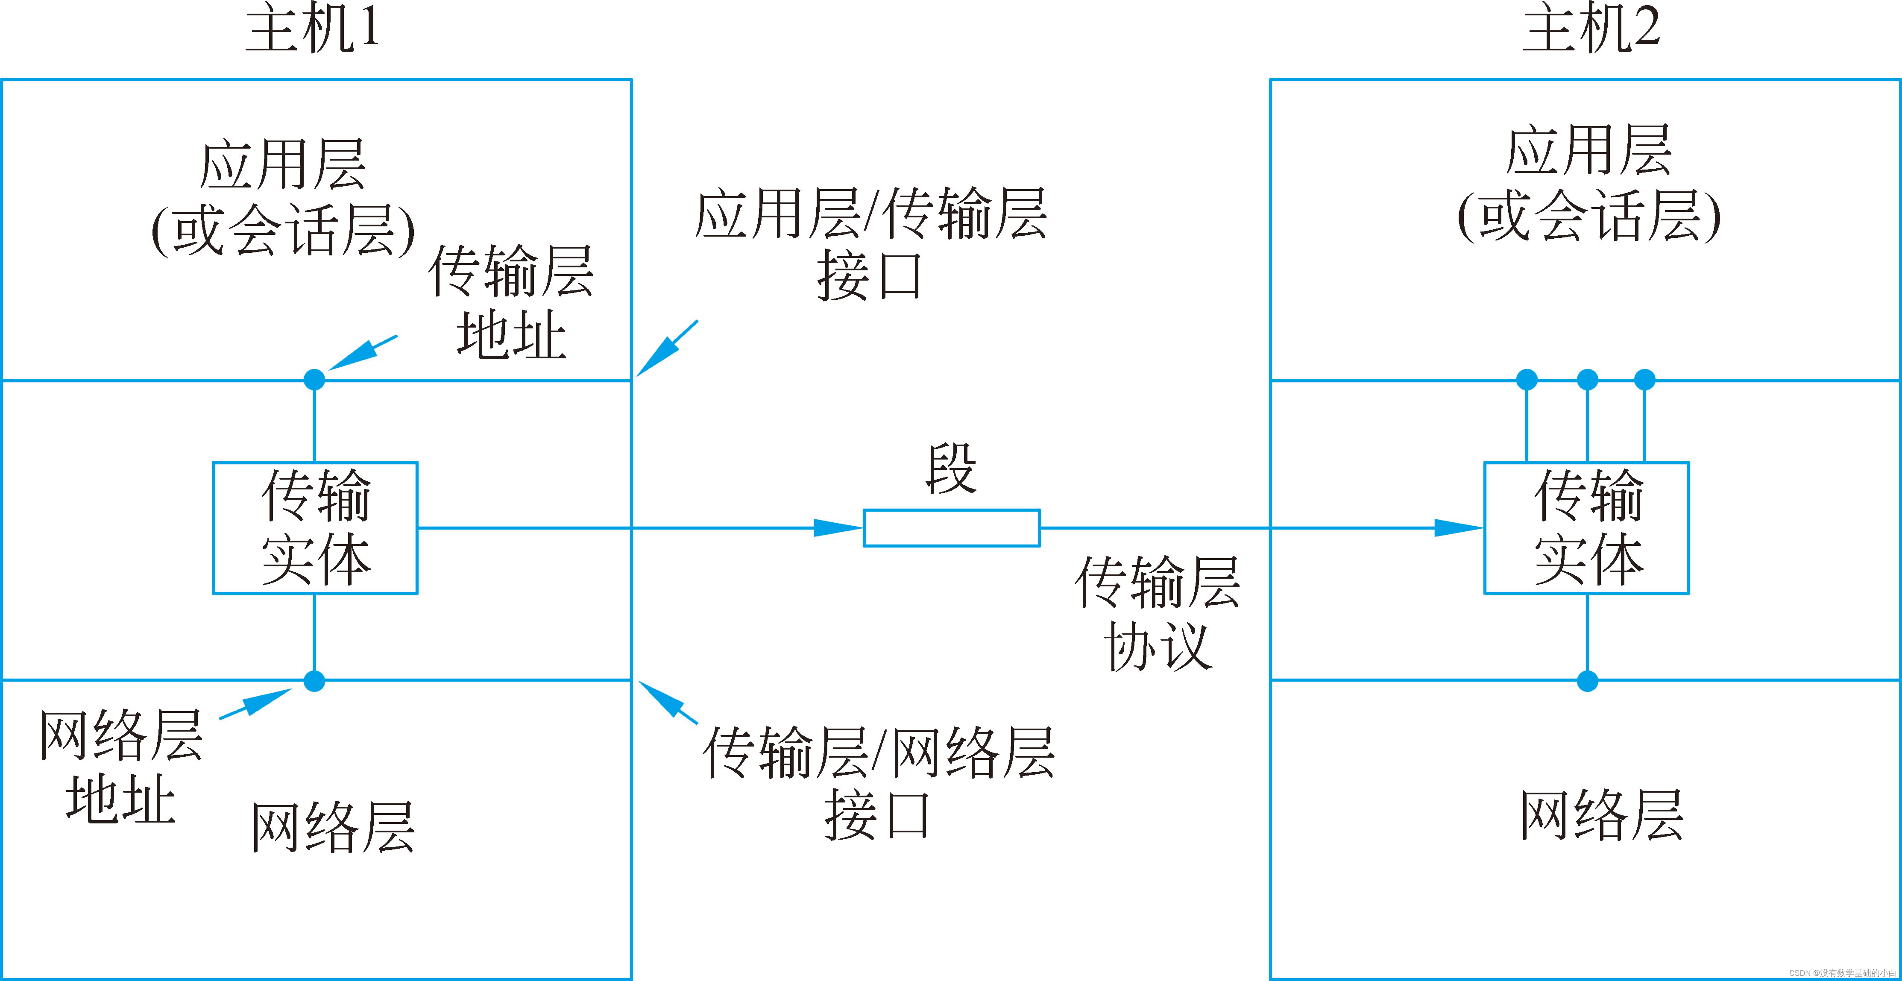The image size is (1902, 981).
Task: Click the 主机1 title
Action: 312,29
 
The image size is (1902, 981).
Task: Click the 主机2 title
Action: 1591,29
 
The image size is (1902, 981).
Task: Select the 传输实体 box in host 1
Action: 315,528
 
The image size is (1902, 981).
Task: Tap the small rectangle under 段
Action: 952,528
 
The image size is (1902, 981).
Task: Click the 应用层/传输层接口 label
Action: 870,243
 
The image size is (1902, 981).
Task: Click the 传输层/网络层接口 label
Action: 878,782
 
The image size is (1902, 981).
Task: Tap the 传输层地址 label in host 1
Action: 511,303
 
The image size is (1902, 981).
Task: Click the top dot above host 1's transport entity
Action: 314,379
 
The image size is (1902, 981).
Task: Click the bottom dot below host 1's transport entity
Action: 314,681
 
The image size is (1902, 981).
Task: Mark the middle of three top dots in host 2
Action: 1588,379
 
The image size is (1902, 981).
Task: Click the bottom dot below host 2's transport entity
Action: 1588,681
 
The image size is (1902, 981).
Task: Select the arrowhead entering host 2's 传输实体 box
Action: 1458,528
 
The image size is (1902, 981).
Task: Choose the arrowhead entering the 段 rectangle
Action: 838,528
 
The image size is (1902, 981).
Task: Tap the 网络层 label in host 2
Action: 1601,816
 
